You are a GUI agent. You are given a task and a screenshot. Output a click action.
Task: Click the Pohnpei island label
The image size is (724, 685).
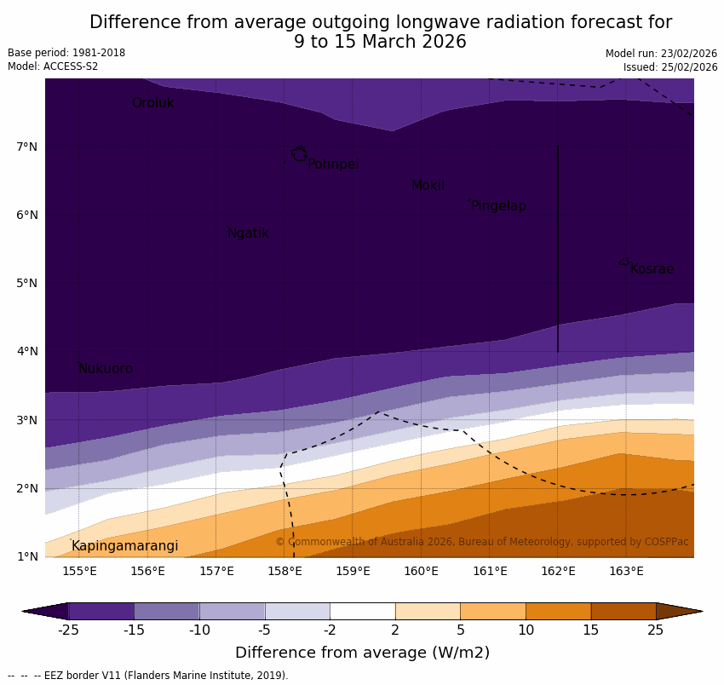tap(333, 164)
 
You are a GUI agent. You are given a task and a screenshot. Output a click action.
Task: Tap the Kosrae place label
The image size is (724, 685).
tap(652, 269)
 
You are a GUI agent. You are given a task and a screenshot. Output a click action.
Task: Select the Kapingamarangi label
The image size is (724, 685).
tap(124, 546)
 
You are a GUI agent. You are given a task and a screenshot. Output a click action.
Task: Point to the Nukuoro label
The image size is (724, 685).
tap(106, 369)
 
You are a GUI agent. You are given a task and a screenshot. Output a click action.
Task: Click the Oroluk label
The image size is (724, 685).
tap(152, 103)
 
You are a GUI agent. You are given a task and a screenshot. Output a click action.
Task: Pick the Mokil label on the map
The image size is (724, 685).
tap(428, 186)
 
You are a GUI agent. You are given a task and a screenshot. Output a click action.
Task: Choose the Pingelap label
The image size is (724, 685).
tap(498, 206)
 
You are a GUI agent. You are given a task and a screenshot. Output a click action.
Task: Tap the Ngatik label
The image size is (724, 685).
tap(248, 233)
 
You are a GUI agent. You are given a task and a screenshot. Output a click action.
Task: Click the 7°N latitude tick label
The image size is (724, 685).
tap(26, 147)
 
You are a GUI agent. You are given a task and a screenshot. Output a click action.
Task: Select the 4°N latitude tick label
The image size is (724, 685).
tap(26, 351)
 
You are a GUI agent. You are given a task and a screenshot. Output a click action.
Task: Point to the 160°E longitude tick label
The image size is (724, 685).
tap(421, 571)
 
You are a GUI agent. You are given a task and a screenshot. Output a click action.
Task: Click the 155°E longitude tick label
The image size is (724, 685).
tap(79, 571)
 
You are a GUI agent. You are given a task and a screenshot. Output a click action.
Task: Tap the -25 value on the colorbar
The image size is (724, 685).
tap(68, 630)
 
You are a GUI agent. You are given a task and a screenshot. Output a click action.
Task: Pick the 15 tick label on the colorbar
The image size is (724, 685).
tap(591, 630)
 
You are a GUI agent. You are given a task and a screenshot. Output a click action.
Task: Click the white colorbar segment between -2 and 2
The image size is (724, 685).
tap(362, 611)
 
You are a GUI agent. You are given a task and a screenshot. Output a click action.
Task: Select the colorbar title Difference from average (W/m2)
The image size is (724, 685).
tap(362, 653)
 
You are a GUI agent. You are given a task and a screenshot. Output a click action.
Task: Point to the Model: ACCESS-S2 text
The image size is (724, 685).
tap(53, 66)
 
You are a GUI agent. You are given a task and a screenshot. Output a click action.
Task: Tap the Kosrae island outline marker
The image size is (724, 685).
tap(624, 262)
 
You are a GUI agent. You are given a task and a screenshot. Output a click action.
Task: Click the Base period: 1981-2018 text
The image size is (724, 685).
tap(66, 53)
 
